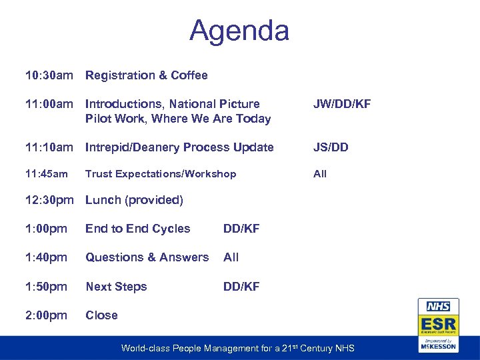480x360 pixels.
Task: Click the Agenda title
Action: (239, 31)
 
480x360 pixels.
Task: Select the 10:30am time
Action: (49, 75)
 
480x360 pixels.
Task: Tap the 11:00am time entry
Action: (49, 104)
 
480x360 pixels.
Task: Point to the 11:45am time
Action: (47, 174)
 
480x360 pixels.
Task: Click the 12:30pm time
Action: (49, 200)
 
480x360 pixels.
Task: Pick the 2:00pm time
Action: (46, 315)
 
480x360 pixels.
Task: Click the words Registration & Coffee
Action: (147, 75)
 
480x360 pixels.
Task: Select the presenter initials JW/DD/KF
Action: (342, 104)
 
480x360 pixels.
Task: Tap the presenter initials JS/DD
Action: (331, 147)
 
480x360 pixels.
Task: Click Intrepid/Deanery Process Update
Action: (179, 147)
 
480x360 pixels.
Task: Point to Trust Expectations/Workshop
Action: (161, 174)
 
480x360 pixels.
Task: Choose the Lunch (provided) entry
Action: (134, 200)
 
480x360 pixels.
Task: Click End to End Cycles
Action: (138, 229)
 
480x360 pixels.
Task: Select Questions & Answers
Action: (147, 257)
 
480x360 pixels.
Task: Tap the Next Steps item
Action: (116, 287)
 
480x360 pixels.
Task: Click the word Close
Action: (101, 315)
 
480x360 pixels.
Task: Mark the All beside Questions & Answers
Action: (231, 257)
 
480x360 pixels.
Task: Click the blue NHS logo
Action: (437, 307)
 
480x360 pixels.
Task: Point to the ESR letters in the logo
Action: (437, 324)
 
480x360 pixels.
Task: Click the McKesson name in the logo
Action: (438, 346)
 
